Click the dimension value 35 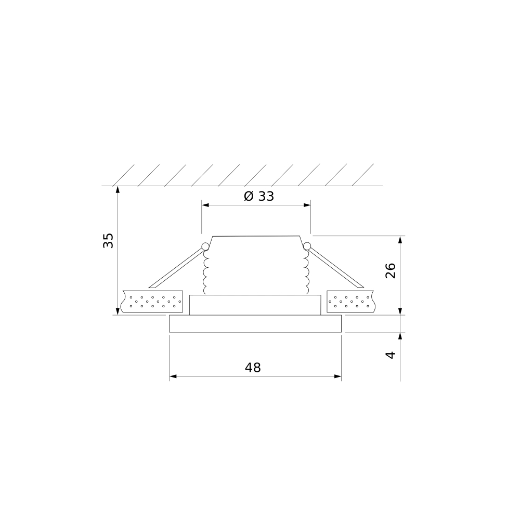click(108, 240)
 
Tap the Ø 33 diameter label click(259, 197)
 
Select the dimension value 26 click(391, 270)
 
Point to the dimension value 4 click(391, 355)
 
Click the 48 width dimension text click(253, 368)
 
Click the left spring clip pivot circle click(205, 246)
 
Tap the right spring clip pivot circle click(307, 246)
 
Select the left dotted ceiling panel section click(152, 302)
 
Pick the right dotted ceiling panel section click(350, 302)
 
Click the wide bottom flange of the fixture click(255, 323)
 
